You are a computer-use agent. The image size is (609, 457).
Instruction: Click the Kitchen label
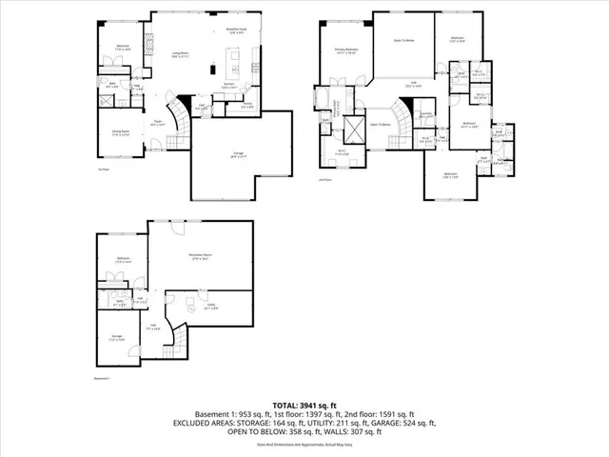(228, 85)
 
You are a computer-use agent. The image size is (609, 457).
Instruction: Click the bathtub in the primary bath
(319, 99)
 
